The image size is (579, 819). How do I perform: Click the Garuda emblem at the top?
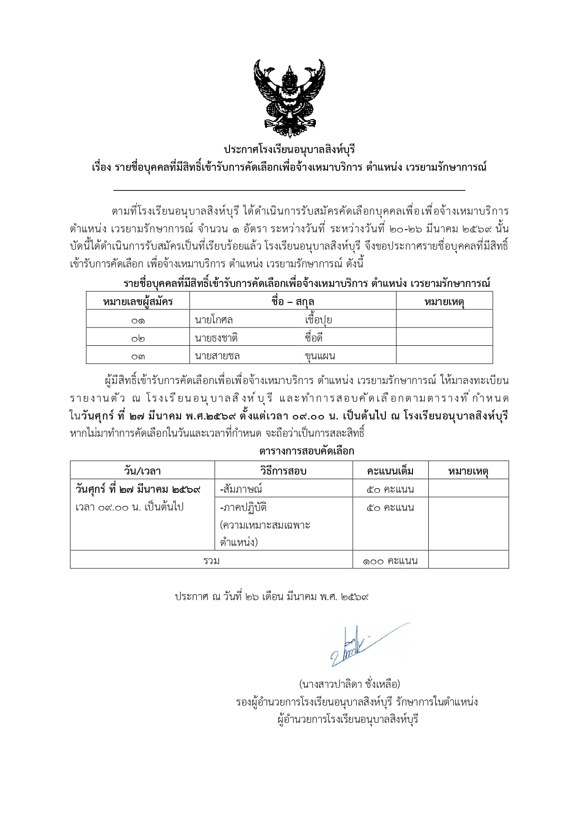click(x=289, y=98)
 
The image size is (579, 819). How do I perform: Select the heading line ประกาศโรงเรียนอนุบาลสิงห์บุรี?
click(x=289, y=150)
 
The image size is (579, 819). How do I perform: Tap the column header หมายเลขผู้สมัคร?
click(x=138, y=301)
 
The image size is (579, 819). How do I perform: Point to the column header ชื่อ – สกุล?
click(x=293, y=301)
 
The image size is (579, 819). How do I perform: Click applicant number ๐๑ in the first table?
click(x=138, y=320)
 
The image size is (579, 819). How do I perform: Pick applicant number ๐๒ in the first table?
click(x=138, y=338)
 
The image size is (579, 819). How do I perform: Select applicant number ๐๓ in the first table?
click(x=138, y=356)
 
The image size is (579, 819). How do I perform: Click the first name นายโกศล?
click(x=214, y=320)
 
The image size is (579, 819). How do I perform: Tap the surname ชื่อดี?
click(x=314, y=338)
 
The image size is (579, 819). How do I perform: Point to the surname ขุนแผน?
click(x=320, y=356)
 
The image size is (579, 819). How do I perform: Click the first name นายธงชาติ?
click(x=216, y=338)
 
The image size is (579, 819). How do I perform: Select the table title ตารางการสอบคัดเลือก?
click(x=307, y=451)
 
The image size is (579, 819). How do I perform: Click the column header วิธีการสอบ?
click(x=283, y=471)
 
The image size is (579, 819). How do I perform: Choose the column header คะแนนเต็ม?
click(x=390, y=471)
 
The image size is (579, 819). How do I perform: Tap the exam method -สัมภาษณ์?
click(x=241, y=489)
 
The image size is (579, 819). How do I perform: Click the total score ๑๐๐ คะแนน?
click(x=390, y=560)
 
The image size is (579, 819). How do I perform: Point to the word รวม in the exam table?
click(x=211, y=560)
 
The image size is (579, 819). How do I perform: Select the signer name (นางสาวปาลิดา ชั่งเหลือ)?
click(x=349, y=684)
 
